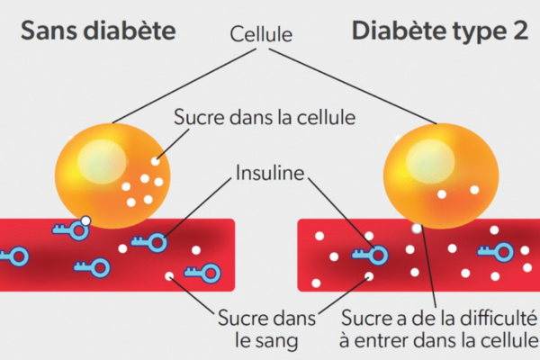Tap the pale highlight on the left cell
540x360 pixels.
tap(94, 160)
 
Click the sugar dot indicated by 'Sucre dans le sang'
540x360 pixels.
tap(169, 276)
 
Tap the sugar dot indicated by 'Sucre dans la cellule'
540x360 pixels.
tap(156, 163)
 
